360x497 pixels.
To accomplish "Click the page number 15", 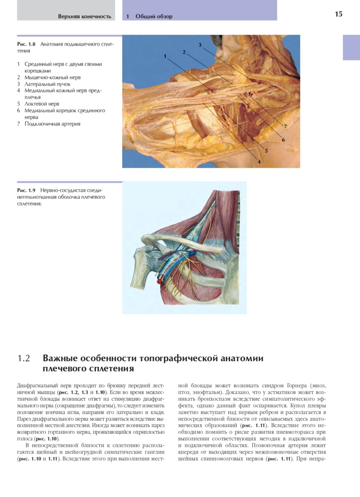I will point(338,14).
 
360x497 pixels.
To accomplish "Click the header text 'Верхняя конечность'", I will point(85,17).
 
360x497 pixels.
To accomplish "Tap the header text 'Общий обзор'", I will point(154,17).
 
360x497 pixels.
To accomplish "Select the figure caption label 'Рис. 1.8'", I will point(27,44).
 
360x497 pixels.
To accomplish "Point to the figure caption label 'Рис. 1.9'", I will point(27,191).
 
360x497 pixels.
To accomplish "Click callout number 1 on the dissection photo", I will point(165,55).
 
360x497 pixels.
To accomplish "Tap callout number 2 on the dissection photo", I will point(183,52).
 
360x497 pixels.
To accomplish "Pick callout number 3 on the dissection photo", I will point(200,45).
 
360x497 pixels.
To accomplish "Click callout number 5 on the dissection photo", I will point(266,151).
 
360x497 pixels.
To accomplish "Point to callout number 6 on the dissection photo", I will point(283,140).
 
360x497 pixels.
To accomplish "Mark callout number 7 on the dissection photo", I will point(286,125).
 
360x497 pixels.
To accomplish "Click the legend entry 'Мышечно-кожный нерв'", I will point(52,77).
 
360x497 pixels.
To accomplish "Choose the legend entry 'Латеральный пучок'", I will point(47,84).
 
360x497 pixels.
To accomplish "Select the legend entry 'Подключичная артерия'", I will point(52,124).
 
